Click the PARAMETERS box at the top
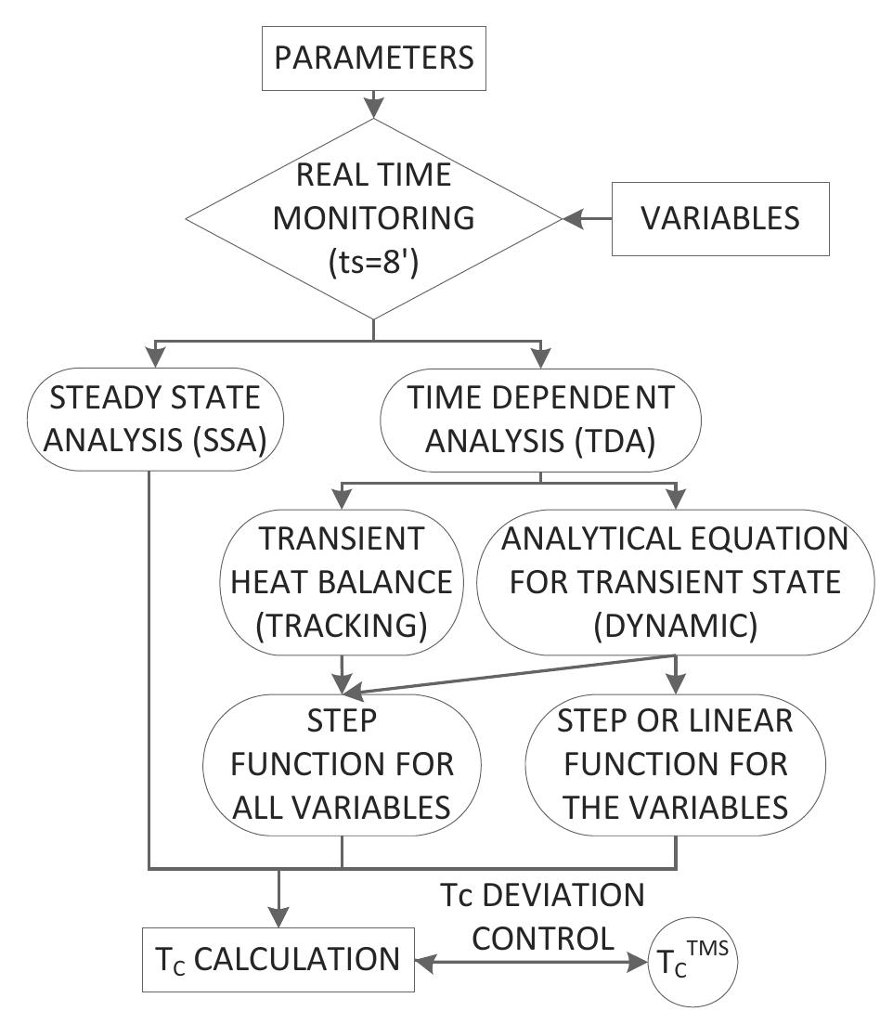[x=373, y=58]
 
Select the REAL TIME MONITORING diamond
[x=373, y=218]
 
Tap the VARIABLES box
[x=720, y=219]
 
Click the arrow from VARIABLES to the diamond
[x=587, y=219]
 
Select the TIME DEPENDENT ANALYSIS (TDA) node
[x=540, y=421]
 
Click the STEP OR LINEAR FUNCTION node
[x=675, y=765]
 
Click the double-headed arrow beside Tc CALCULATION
[x=535, y=966]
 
